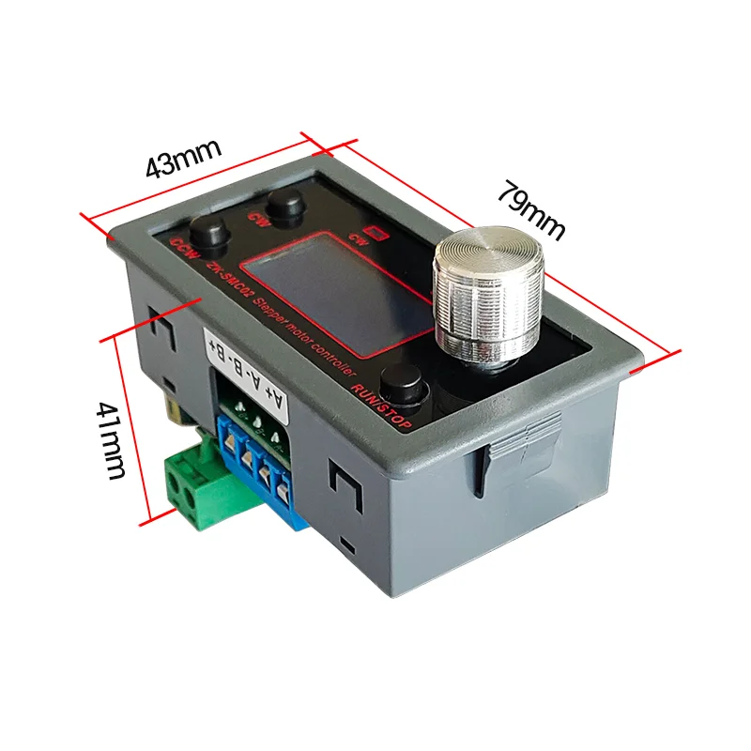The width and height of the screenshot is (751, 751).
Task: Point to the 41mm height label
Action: [x=110, y=438]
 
